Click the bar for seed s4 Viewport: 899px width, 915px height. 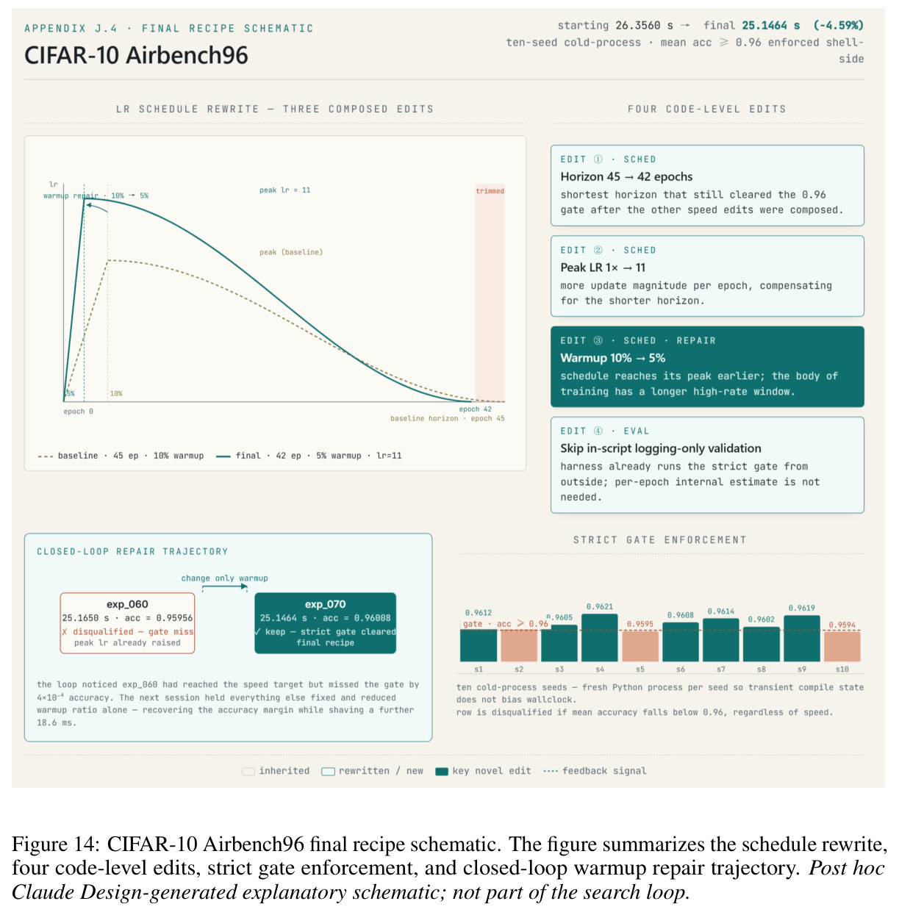(x=599, y=637)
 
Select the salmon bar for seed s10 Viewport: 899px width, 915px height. (x=842, y=646)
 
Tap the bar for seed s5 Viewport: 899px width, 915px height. (x=640, y=646)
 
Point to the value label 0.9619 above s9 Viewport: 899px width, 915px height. (x=801, y=608)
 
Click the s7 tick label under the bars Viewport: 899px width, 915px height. (x=720, y=669)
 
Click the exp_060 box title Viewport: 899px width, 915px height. (x=127, y=604)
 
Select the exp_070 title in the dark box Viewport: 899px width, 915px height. (x=325, y=604)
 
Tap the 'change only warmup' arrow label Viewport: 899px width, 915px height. (x=224, y=578)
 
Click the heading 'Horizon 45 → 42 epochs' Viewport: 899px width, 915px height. (x=626, y=176)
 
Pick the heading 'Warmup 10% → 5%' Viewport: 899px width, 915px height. (x=612, y=358)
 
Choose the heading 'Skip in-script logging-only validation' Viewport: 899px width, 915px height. (x=661, y=448)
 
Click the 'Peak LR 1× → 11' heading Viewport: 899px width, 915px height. (x=603, y=268)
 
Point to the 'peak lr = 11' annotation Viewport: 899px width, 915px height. (x=284, y=190)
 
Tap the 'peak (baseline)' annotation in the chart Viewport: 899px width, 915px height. (x=291, y=252)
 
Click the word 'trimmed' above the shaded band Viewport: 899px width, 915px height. (x=490, y=191)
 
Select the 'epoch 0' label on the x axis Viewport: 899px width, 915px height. (x=79, y=412)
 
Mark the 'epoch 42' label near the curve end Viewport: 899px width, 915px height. (x=475, y=409)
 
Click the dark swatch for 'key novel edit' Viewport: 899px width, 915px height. (x=442, y=771)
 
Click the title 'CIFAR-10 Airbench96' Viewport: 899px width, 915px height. (x=136, y=55)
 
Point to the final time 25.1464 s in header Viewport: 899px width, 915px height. (x=770, y=25)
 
